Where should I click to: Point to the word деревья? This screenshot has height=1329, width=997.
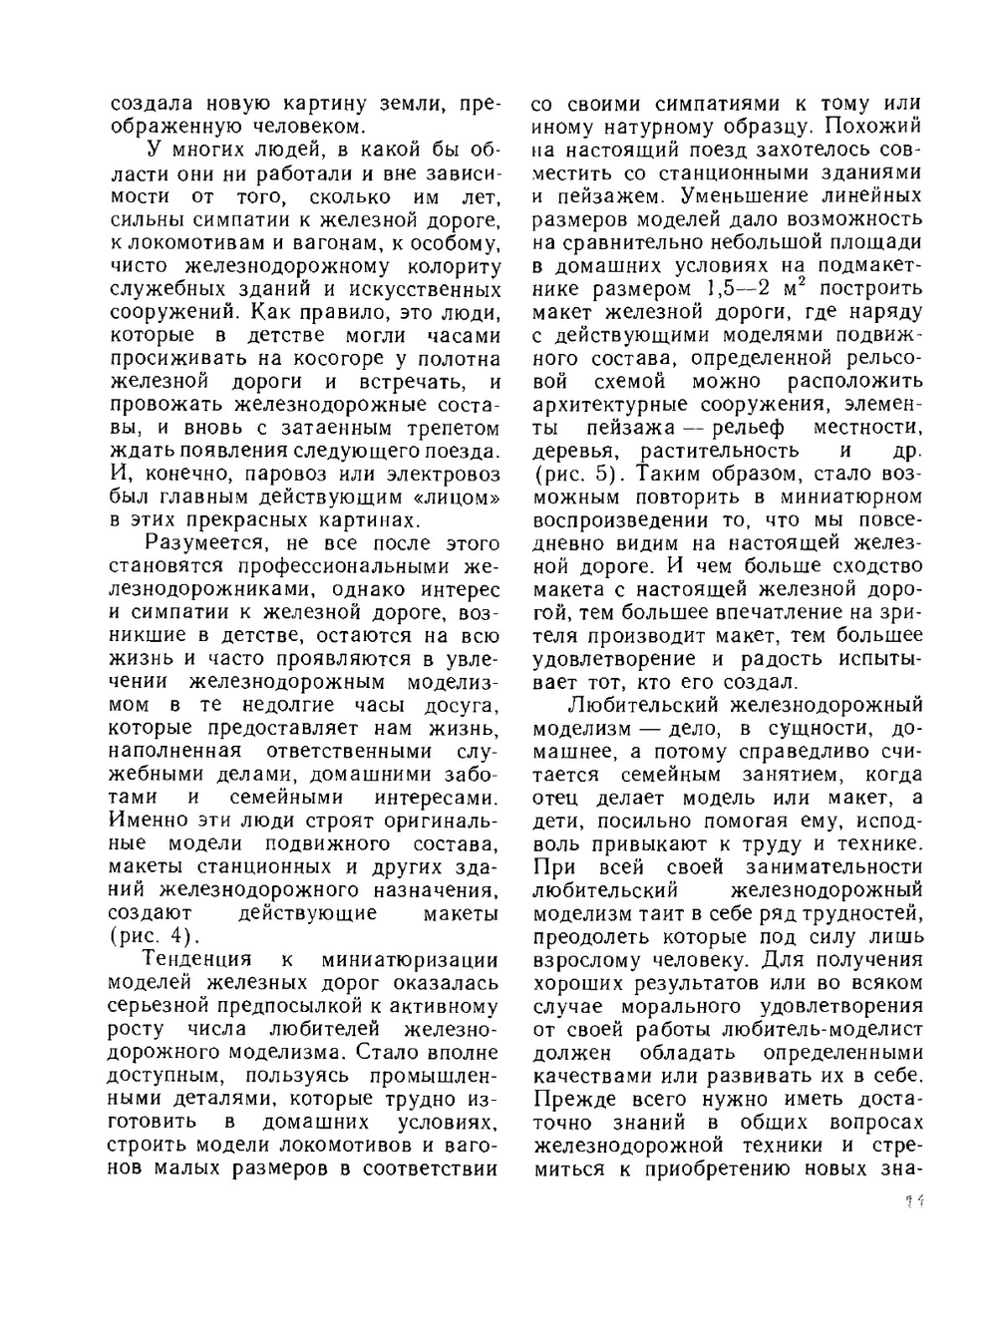[573, 451]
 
